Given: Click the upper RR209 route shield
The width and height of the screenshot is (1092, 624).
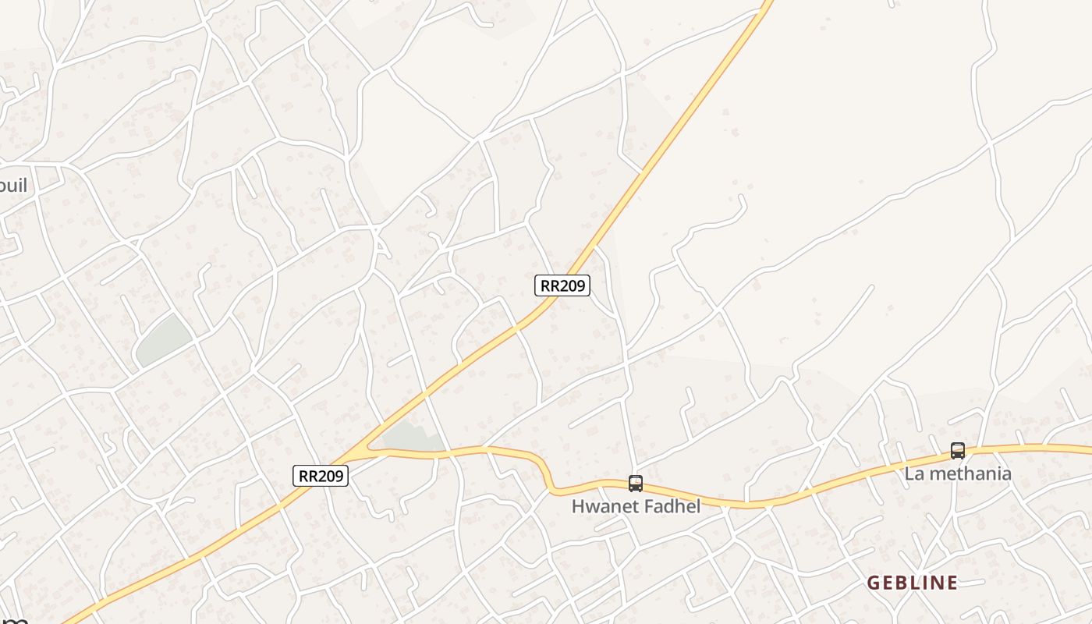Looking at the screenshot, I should coord(562,285).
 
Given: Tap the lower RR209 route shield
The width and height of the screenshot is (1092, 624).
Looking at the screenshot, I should coord(321,476).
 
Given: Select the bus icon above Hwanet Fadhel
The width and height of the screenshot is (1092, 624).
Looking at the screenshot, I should coord(636,484).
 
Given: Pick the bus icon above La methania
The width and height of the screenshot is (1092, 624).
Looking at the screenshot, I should coord(957,451).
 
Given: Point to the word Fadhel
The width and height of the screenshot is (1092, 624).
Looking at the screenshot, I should coord(672,506).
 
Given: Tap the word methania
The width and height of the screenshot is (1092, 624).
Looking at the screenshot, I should coord(970,473).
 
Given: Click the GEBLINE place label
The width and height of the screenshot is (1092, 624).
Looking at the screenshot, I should coord(913,583).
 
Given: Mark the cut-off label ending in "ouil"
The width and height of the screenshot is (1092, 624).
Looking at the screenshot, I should coord(14,185).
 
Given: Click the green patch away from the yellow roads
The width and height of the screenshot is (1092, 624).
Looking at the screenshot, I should coord(163,341).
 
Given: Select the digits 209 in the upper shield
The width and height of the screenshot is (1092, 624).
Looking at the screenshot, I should coord(572,285).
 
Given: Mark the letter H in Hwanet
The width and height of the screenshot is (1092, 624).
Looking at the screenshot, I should coord(579,506).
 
